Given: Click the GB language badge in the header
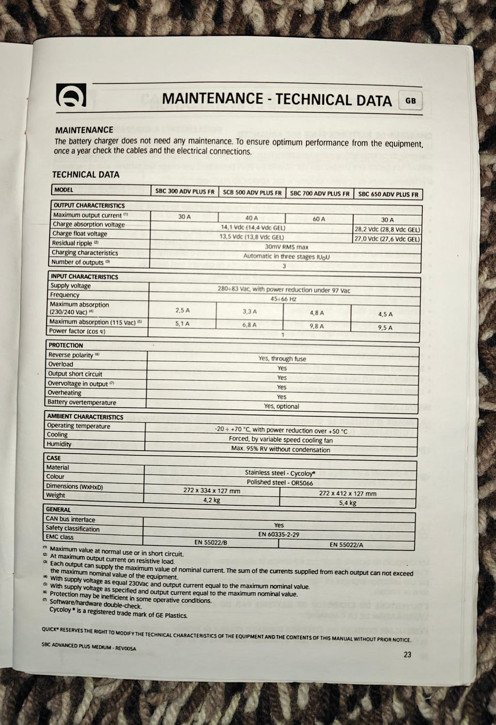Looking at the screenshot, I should (x=411, y=101).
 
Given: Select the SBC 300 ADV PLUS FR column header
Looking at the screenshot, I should (x=184, y=191).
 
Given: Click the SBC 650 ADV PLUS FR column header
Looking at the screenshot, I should (x=388, y=195).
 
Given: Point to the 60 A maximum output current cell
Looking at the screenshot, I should (x=319, y=219).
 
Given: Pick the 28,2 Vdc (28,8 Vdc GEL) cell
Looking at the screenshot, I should (x=388, y=230).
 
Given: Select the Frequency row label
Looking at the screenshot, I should (x=65, y=295).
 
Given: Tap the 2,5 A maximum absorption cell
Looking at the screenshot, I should (x=182, y=311).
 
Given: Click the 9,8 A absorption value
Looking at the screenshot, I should (x=317, y=326).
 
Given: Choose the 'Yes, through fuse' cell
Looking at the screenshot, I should (x=282, y=359).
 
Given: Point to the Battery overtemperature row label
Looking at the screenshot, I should (x=82, y=402).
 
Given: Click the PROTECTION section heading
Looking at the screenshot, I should (x=66, y=345).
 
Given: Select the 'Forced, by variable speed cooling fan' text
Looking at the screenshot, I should (x=281, y=440).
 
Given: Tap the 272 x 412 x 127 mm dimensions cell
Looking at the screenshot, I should (x=348, y=493).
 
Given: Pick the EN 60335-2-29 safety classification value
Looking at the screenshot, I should (x=278, y=535).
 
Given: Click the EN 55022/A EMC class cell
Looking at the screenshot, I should (x=346, y=544).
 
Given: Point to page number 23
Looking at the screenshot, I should (x=407, y=655).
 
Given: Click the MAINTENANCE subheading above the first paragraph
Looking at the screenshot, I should (x=84, y=130).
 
